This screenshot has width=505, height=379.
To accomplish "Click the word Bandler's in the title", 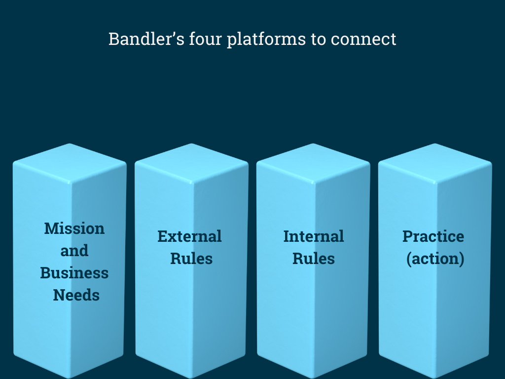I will [146, 38].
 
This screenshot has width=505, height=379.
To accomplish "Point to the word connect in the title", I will [363, 39].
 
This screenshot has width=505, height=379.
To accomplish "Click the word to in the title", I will [318, 39].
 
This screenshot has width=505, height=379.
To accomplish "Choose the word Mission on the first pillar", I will [74, 228].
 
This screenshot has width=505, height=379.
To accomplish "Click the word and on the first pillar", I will [74, 251].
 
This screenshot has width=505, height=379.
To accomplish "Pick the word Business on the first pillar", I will [74, 273].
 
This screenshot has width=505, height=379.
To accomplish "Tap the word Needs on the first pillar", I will [76, 295].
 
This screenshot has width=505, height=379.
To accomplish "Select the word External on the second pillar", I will [189, 236].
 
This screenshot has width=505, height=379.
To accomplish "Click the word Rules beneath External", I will [191, 259].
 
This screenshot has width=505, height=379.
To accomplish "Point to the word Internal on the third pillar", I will [314, 236].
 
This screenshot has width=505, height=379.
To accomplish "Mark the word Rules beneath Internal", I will [314, 259].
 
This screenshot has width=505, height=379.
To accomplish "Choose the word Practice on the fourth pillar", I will [433, 236].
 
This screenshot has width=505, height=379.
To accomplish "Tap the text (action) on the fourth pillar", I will [435, 259].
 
